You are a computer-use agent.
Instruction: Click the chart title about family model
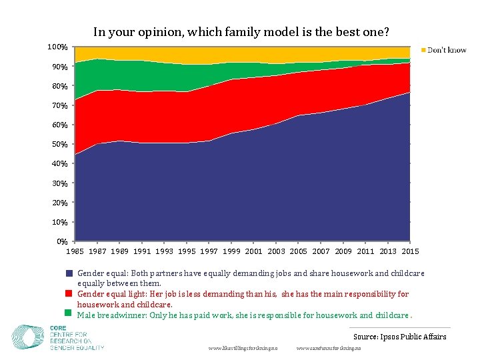241,31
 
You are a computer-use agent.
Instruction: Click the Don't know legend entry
446,50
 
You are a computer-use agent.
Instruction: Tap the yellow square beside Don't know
423,50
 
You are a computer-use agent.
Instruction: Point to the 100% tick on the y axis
57,47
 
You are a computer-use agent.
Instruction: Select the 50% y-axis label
59,144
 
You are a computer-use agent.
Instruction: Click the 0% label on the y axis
61,241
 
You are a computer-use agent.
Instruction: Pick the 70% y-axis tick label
59,105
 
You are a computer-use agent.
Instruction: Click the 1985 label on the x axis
75,251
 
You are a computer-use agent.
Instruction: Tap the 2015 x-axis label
410,251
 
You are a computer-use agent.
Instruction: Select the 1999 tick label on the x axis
231,251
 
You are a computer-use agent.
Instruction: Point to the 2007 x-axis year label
321,251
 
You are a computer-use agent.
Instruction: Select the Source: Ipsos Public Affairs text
399,337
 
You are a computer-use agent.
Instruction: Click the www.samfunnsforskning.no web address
329,349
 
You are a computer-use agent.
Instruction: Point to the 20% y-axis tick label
59,203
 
